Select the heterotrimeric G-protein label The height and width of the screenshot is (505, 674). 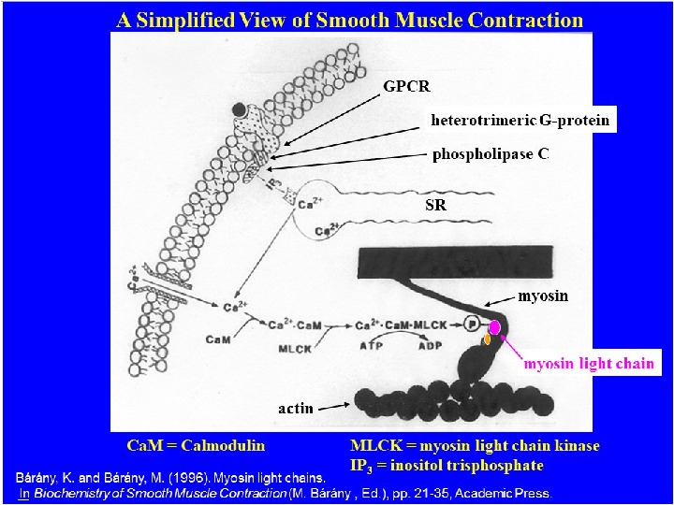(x=520, y=121)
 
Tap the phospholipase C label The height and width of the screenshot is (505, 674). (x=490, y=152)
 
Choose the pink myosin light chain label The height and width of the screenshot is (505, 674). (x=588, y=363)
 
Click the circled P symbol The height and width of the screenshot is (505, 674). (x=472, y=324)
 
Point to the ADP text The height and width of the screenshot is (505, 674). (x=430, y=345)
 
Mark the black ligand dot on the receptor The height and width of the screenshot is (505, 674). (x=241, y=108)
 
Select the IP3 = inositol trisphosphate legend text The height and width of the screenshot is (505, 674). (x=445, y=464)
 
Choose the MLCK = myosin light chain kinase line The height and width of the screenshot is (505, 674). (x=475, y=445)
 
